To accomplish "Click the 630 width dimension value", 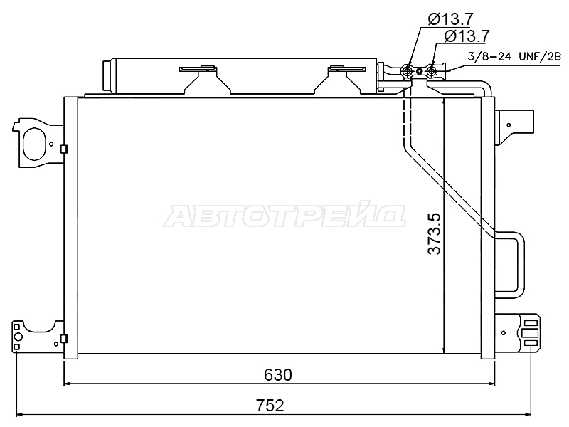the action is [278, 375].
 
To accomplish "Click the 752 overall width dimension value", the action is [270, 406].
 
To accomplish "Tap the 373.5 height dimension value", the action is [434, 234].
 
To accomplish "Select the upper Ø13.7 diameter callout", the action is [450, 19].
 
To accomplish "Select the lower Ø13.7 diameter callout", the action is [467, 36].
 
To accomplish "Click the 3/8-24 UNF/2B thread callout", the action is [514, 57].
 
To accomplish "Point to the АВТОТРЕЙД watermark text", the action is [284, 216].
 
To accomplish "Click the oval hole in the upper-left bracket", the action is [35, 144].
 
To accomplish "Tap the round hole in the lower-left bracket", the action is [18, 337].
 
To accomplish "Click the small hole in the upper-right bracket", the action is [509, 125].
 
